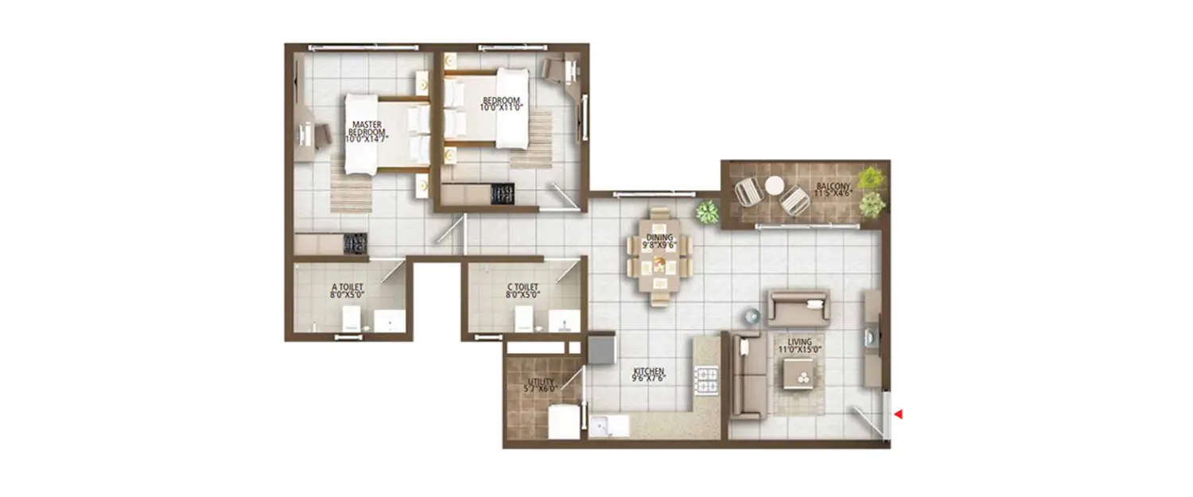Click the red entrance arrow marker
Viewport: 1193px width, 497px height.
[899, 414]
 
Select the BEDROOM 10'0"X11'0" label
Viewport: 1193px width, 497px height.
[501, 105]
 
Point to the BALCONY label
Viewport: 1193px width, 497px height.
[834, 189]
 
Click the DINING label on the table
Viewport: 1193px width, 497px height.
[660, 241]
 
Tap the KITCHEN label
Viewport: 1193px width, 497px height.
[648, 374]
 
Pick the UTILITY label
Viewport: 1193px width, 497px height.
[539, 386]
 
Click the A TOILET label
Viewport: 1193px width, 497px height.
[347, 290]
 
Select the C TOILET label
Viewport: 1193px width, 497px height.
[523, 290]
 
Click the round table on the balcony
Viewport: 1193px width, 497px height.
[774, 185]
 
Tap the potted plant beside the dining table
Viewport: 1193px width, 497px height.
[706, 212]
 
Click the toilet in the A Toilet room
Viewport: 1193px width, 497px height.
[352, 320]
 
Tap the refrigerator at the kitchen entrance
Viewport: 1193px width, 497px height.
[601, 347]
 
